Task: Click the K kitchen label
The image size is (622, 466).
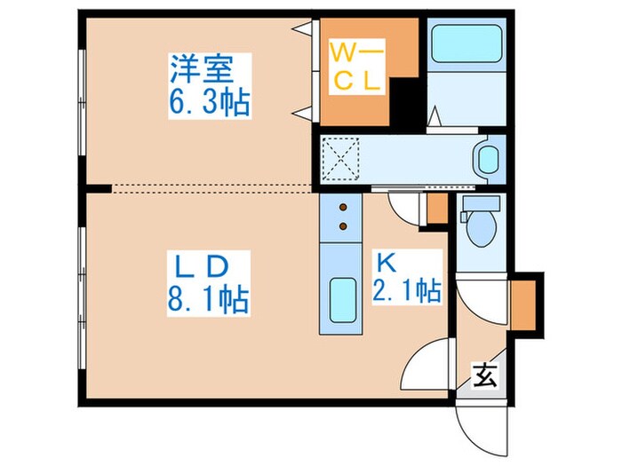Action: [x=386, y=263]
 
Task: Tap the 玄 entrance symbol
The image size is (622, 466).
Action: [x=483, y=376]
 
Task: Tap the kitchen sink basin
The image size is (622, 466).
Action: [x=342, y=303]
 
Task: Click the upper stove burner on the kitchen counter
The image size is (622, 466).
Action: [x=343, y=209]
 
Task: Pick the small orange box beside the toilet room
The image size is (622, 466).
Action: [x=436, y=209]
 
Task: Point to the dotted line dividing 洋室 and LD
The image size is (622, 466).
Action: [x=213, y=188]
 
